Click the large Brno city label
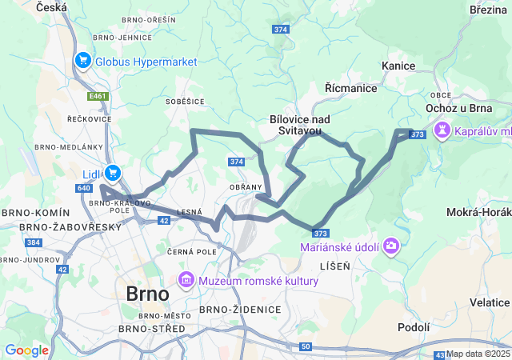(x=147, y=294)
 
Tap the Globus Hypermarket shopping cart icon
(x=83, y=61)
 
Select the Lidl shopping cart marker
(x=113, y=172)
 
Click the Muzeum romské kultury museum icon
(x=186, y=281)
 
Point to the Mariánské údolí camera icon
(x=391, y=246)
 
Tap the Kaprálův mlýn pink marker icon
(x=442, y=130)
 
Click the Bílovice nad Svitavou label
(x=300, y=124)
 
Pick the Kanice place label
(x=398, y=66)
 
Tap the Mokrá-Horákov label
(x=479, y=213)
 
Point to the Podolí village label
(x=414, y=327)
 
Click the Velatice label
(x=489, y=302)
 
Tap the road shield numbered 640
(x=85, y=188)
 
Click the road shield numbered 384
(x=33, y=242)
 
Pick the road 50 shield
(x=306, y=346)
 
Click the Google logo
(x=26, y=350)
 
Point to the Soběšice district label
(x=185, y=102)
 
